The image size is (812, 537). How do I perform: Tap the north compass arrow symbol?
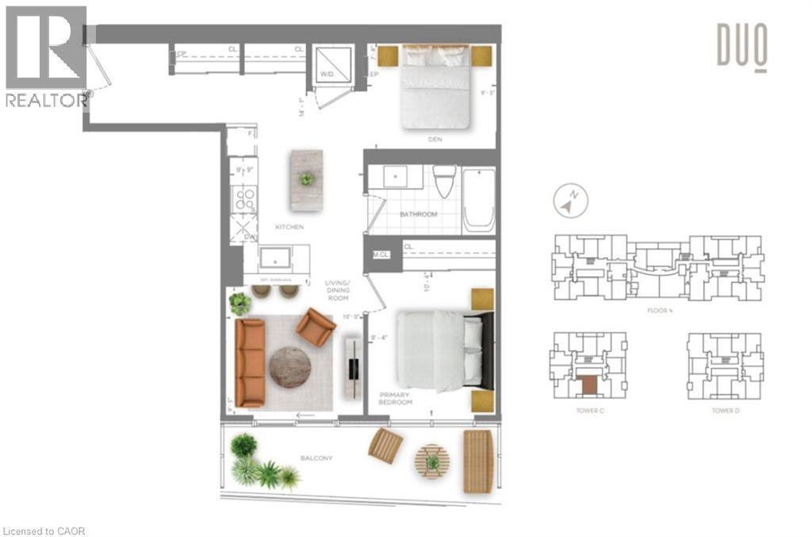click(x=570, y=199)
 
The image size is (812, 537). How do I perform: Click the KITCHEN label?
click(x=289, y=227)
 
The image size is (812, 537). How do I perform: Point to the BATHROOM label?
click(x=418, y=214)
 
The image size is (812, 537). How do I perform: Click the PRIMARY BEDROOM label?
click(x=396, y=398)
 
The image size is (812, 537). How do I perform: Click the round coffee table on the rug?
click(x=289, y=367)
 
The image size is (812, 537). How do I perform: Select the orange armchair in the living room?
click(x=316, y=327)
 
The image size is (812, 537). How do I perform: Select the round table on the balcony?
click(x=432, y=461)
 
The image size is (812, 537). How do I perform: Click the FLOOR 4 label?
click(x=660, y=310)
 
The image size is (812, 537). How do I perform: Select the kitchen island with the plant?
click(x=306, y=180)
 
